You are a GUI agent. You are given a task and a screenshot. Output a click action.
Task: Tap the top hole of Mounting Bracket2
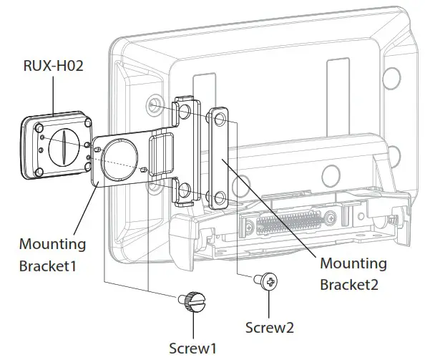click(218, 116)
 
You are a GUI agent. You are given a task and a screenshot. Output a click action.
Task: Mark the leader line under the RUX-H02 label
click(54, 96)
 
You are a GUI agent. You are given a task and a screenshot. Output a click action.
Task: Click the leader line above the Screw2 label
click(269, 304)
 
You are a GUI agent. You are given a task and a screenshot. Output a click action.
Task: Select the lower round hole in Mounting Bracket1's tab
click(185, 190)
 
